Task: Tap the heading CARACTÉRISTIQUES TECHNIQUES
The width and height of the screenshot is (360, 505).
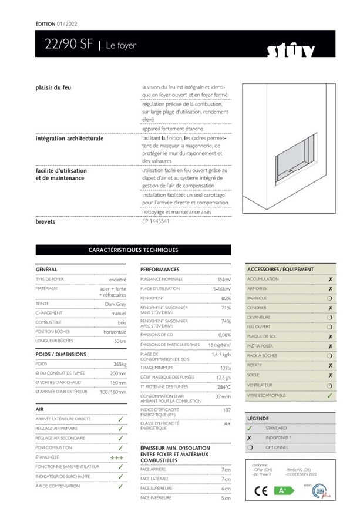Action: pos(133,250)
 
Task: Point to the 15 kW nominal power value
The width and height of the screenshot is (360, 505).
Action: pos(224,279)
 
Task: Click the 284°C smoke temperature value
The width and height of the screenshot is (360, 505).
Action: pos(223,387)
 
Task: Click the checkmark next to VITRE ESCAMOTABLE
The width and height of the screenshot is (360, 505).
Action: pos(330,395)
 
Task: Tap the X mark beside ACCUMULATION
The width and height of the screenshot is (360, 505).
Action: pos(330,279)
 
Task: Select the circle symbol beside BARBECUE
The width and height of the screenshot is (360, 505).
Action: pos(330,298)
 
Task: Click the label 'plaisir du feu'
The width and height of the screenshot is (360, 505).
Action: pos(53,87)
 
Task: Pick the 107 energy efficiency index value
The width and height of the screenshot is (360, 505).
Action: pos(226,410)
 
